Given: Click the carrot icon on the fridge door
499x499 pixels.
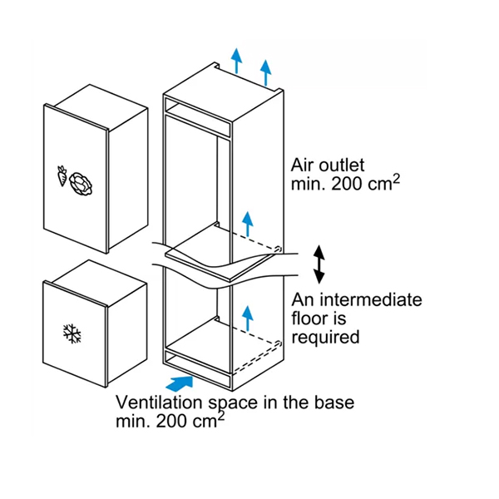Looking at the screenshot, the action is point(62,175).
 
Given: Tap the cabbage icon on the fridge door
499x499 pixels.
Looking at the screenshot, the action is point(82,184).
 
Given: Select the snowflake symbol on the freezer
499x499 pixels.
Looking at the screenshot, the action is point(72,333).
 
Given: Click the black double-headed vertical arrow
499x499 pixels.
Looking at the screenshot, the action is point(319,264).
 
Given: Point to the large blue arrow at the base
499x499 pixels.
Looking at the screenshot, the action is point(180,383).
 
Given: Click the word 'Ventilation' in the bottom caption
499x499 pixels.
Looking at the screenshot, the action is point(159,403).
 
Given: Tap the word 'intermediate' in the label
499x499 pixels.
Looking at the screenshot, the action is point(371,299).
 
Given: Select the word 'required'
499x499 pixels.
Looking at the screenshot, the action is point(325,338).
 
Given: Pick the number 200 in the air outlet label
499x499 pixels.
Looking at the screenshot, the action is point(347,184).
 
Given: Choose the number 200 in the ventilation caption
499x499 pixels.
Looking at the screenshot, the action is point(172,421).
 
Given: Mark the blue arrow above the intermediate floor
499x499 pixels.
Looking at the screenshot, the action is point(247,224).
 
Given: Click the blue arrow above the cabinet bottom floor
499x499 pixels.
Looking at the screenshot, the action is point(247,318).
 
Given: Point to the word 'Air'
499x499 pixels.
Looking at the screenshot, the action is point(303,166).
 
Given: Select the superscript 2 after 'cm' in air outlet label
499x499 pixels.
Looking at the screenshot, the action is point(396,179).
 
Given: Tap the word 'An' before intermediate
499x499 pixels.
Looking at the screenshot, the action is point(303,299).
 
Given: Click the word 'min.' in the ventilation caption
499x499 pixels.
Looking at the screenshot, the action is point(133,421).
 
